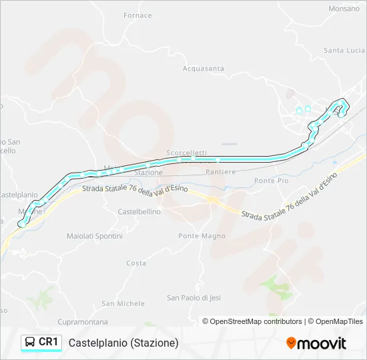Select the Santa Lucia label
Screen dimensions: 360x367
tap(344, 50)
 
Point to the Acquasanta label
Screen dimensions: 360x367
tap(204, 68)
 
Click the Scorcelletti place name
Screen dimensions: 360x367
tap(186, 153)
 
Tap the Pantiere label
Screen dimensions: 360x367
tap(222, 172)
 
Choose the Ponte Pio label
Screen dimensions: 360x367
tap(271, 181)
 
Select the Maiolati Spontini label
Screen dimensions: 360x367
tap(94, 236)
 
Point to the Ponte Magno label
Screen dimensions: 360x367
tap(202, 236)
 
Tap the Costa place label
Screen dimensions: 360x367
tap(136, 263)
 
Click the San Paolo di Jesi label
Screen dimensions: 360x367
tap(193, 297)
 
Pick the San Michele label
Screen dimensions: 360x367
tap(123, 303)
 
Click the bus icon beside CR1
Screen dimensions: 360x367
tap(30, 342)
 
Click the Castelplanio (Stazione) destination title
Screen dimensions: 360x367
tap(123, 343)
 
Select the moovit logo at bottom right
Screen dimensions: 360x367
tap(316, 343)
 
